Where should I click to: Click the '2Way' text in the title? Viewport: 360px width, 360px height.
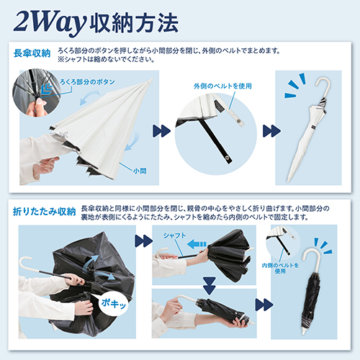(50, 23)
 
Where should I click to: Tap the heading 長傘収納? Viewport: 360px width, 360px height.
(32, 53)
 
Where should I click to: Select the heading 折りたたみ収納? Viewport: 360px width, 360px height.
(45, 212)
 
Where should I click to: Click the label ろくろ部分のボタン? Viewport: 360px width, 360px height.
(87, 82)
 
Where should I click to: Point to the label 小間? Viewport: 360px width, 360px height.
(140, 171)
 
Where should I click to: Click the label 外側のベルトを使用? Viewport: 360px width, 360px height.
(222, 86)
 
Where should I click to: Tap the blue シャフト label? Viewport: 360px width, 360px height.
(174, 235)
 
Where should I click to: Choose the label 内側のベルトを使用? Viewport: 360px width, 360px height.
(280, 268)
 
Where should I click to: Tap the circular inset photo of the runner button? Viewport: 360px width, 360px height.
(37, 93)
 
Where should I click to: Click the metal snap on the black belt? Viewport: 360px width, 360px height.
(227, 158)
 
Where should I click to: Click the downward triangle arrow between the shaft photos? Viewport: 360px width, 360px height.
(210, 285)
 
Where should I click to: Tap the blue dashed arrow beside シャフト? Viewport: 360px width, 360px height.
(197, 244)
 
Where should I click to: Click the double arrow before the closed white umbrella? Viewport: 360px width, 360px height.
(271, 131)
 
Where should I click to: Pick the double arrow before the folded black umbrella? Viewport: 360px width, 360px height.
(264, 305)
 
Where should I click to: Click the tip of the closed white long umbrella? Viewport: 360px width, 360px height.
(288, 181)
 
